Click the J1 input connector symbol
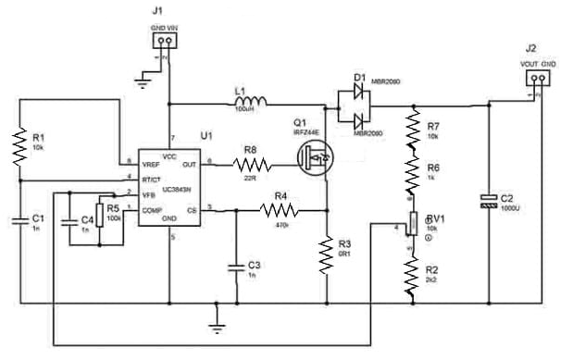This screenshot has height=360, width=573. [x=163, y=41]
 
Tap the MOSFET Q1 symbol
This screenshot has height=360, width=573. [x=316, y=159]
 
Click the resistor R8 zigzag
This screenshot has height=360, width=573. [x=252, y=165]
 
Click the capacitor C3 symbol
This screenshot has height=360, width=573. [x=237, y=267]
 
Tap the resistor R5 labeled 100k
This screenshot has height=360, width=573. [x=98, y=219]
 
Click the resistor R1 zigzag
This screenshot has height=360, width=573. [x=18, y=147]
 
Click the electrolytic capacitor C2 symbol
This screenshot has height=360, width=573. [x=488, y=201]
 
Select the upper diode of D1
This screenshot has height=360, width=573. [x=355, y=93]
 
